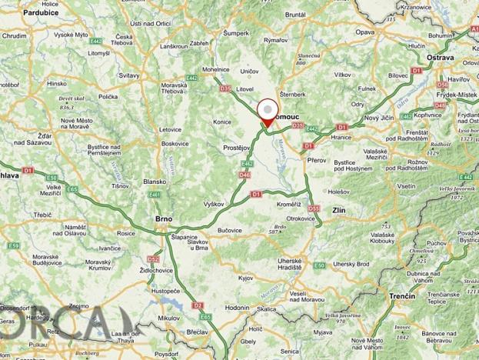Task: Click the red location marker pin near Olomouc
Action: point(267,114)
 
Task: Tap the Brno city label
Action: point(164,219)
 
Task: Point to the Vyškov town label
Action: point(211,204)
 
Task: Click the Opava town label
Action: point(364,32)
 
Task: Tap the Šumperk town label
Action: point(236,33)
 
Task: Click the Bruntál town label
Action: point(296,14)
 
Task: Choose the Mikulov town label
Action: point(168,317)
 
